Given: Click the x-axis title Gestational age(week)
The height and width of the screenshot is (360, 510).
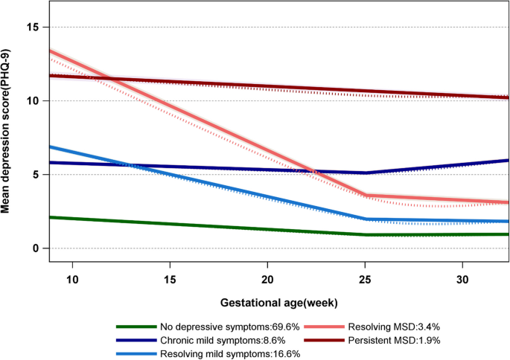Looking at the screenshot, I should tap(280, 303).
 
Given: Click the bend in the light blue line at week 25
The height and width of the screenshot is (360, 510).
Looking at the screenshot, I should tap(365, 219).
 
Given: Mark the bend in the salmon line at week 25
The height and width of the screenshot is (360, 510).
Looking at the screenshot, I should tap(365, 196).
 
